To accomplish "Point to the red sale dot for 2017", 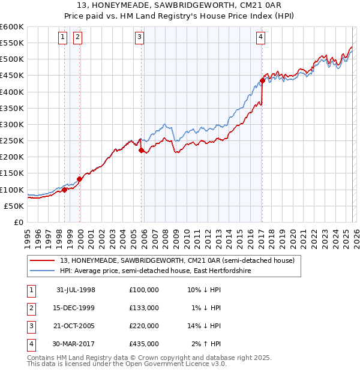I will coord(262,80).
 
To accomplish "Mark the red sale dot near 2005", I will coord(142,151).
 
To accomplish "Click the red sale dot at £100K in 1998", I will coord(65,190).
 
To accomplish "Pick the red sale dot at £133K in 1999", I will coord(79,179).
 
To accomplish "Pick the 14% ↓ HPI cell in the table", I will coord(203,325).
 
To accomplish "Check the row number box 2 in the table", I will coord(30,307).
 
